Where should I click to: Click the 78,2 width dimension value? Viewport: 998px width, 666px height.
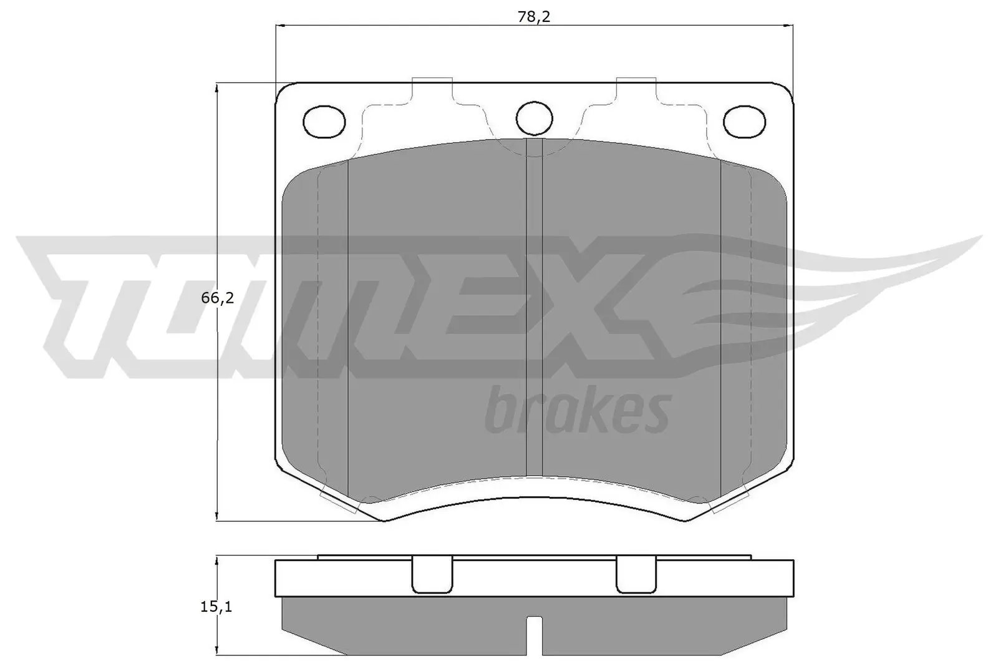(534, 17)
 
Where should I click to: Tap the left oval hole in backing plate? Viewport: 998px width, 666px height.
(324, 120)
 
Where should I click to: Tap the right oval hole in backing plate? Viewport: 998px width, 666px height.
(744, 120)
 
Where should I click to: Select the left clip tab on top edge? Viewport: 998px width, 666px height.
(432, 87)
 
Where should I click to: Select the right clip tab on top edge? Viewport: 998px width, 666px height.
(636, 87)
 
